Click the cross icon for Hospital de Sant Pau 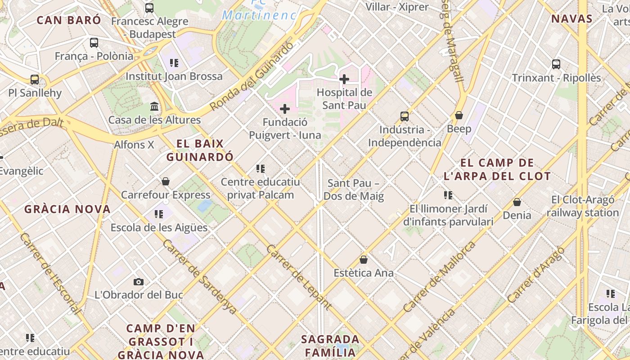click(x=344, y=80)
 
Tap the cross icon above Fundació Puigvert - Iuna click(x=285, y=109)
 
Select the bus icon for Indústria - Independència click(x=405, y=117)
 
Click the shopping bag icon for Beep click(x=459, y=116)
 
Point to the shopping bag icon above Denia click(x=517, y=202)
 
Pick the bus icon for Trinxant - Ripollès click(x=556, y=64)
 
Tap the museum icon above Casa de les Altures click(x=154, y=107)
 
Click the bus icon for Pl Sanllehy click(x=35, y=80)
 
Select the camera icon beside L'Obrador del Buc click(x=139, y=282)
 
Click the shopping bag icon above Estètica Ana click(x=364, y=260)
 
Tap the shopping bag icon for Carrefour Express click(x=166, y=181)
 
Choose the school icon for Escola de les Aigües click(x=159, y=214)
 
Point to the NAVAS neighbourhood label click(x=571, y=18)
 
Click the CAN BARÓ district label click(x=69, y=20)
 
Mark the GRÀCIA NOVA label click(x=67, y=209)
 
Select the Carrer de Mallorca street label click(x=439, y=277)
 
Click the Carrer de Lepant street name click(x=299, y=277)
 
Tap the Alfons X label click(x=134, y=144)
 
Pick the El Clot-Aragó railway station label click(x=583, y=206)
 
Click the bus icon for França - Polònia click(x=94, y=43)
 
